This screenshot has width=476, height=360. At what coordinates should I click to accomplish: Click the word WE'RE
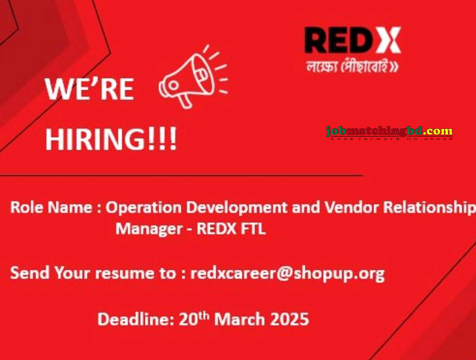89,90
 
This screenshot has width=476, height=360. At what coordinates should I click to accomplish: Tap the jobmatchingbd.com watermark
389,132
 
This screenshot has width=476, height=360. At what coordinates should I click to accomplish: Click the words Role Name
51,208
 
